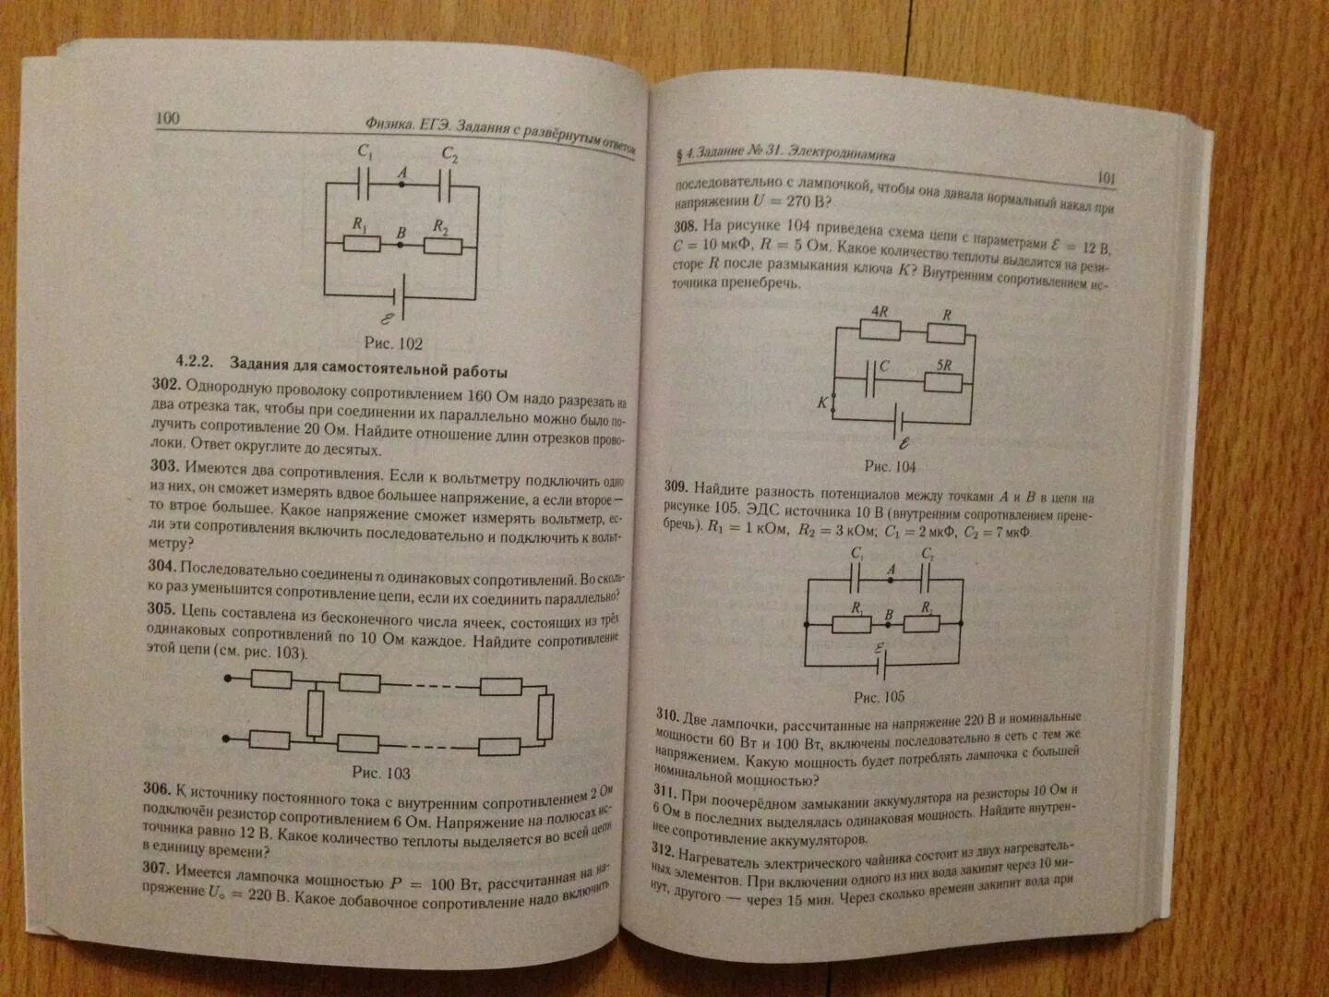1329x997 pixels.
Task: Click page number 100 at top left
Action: click(168, 118)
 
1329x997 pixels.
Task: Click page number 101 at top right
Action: click(1107, 177)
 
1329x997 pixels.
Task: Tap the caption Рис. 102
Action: click(393, 343)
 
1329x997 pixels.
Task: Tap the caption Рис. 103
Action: click(381, 773)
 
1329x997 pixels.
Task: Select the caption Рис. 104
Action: click(890, 466)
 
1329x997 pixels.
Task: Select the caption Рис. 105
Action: click(879, 697)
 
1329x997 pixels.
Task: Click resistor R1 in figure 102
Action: click(361, 244)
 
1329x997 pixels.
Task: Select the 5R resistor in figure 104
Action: click(943, 381)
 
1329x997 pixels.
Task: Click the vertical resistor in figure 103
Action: click(316, 712)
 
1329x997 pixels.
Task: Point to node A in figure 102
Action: click(401, 185)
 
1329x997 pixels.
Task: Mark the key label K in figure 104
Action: click(822, 402)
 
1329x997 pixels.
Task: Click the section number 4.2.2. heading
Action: click(195, 361)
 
